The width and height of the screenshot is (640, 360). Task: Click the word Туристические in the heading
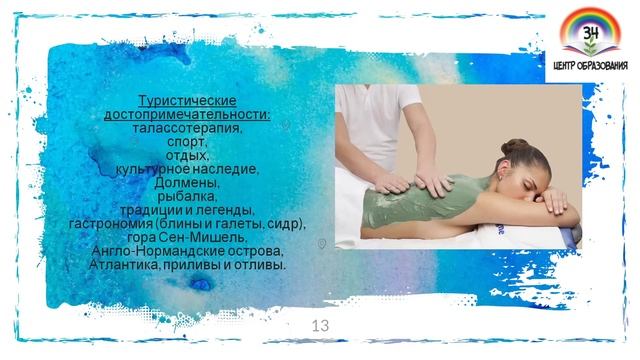coord(186,103)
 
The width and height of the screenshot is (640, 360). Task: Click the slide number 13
coord(321,325)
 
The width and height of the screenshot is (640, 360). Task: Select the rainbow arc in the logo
coord(590,18)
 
